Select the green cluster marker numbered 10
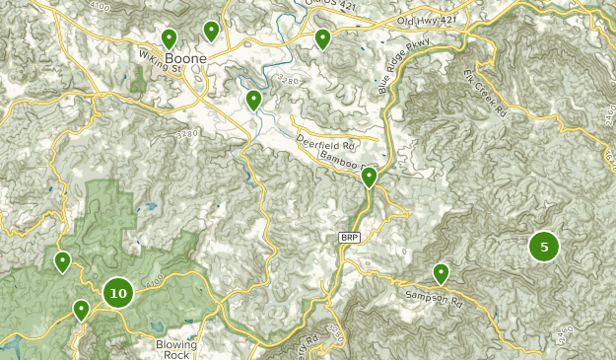click(118, 293)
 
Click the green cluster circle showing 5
click(543, 246)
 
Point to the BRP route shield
click(349, 238)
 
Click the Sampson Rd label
click(434, 295)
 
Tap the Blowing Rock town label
click(176, 351)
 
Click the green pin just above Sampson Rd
click(441, 273)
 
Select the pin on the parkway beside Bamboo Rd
click(370, 178)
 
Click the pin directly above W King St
click(169, 38)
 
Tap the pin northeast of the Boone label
click(211, 32)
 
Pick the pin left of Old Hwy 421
click(322, 39)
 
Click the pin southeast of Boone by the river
click(253, 100)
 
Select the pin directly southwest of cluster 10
click(81, 310)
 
